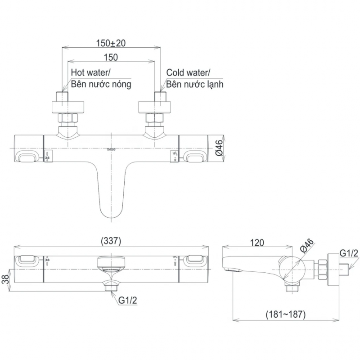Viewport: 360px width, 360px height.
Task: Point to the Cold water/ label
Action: (x=187, y=72)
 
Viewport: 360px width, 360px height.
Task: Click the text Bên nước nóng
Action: (x=101, y=84)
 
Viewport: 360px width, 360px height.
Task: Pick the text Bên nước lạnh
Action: (x=195, y=84)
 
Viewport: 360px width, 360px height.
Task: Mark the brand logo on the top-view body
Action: (x=111, y=149)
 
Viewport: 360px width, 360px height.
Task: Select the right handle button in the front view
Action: (x=194, y=260)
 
